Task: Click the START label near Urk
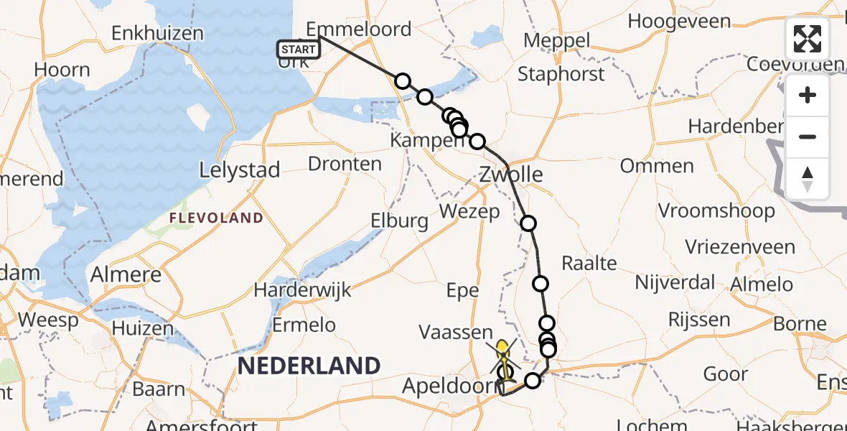pyautogui.click(x=298, y=50)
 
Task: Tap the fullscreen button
pyautogui.click(x=808, y=39)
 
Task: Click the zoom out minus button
pyautogui.click(x=808, y=136)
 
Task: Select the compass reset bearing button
pyautogui.click(x=808, y=177)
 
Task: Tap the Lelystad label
pyautogui.click(x=238, y=170)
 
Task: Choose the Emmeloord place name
pyautogui.click(x=359, y=29)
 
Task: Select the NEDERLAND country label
pyautogui.click(x=309, y=366)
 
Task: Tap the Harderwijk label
pyautogui.click(x=302, y=290)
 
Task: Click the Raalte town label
pyautogui.click(x=589, y=263)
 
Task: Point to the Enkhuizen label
pyautogui.click(x=157, y=33)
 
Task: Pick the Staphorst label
pyautogui.click(x=561, y=74)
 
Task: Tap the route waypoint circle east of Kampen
pyautogui.click(x=477, y=142)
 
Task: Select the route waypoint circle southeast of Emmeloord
pyautogui.click(x=403, y=81)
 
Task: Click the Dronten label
pyautogui.click(x=345, y=164)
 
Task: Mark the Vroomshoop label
pyautogui.click(x=716, y=211)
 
